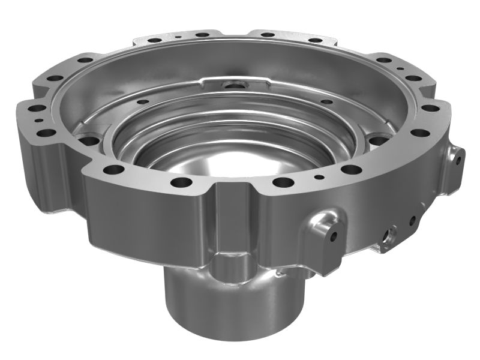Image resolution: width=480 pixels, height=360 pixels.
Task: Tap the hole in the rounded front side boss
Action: (x=333, y=235)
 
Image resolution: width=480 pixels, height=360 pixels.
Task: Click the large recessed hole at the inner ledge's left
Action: (x=90, y=141)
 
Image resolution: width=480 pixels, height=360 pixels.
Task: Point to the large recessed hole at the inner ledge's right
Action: (x=377, y=142)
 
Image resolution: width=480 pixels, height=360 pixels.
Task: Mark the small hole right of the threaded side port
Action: (x=413, y=220)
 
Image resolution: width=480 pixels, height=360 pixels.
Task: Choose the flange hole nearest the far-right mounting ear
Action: (x=421, y=133)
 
